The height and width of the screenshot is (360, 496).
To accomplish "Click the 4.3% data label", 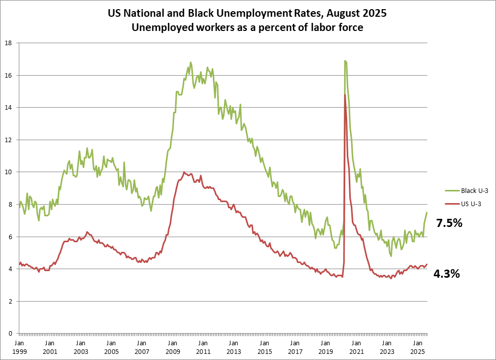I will pyautogui.click(x=446, y=274).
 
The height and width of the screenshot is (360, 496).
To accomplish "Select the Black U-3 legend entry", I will pyautogui.click(x=460, y=191).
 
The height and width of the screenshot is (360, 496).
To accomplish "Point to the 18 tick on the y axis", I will pyautogui.click(x=9, y=43).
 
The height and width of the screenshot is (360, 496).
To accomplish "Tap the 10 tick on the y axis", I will pyautogui.click(x=9, y=172).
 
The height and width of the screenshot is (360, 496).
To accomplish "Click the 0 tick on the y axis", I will pyautogui.click(x=10, y=334).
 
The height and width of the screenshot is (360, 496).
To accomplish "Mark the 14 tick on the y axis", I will pyautogui.click(x=9, y=108).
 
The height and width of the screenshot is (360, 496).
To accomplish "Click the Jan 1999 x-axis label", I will pyautogui.click(x=19, y=347).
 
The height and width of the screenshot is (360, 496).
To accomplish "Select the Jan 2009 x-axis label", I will pyautogui.click(x=172, y=347).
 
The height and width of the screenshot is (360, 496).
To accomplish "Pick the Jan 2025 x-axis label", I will pyautogui.click(x=417, y=347).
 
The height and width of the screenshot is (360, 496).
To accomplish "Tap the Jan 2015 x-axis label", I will pyautogui.click(x=264, y=347).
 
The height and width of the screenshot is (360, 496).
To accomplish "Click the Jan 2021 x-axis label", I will pyautogui.click(x=356, y=347).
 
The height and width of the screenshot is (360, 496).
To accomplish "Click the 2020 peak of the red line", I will pyautogui.click(x=345, y=95).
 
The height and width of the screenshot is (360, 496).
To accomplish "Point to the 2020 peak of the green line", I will pyautogui.click(x=345, y=61).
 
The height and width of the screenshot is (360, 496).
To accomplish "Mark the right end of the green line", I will pyautogui.click(x=427, y=212).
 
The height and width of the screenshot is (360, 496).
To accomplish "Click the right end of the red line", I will pyautogui.click(x=427, y=264).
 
